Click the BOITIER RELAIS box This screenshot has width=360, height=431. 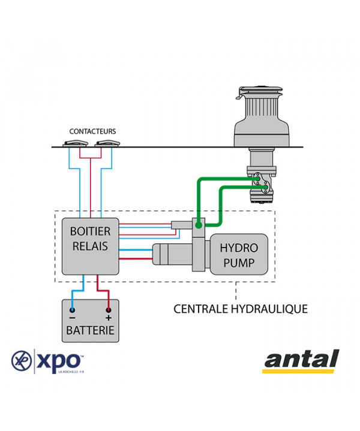pyautogui.click(x=90, y=246)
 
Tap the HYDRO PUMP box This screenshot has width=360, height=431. pyautogui.click(x=238, y=255)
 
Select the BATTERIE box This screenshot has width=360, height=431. pyautogui.click(x=90, y=321)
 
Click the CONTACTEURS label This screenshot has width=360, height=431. pyautogui.click(x=92, y=131)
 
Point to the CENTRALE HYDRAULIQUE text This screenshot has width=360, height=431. pyautogui.click(x=240, y=309)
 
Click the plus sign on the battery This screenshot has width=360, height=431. pyautogui.click(x=109, y=318)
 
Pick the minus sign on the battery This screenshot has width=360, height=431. pyautogui.click(x=72, y=318)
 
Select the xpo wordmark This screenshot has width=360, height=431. pyautogui.click(x=60, y=361)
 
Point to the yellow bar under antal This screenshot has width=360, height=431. pyautogui.click(x=299, y=372)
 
